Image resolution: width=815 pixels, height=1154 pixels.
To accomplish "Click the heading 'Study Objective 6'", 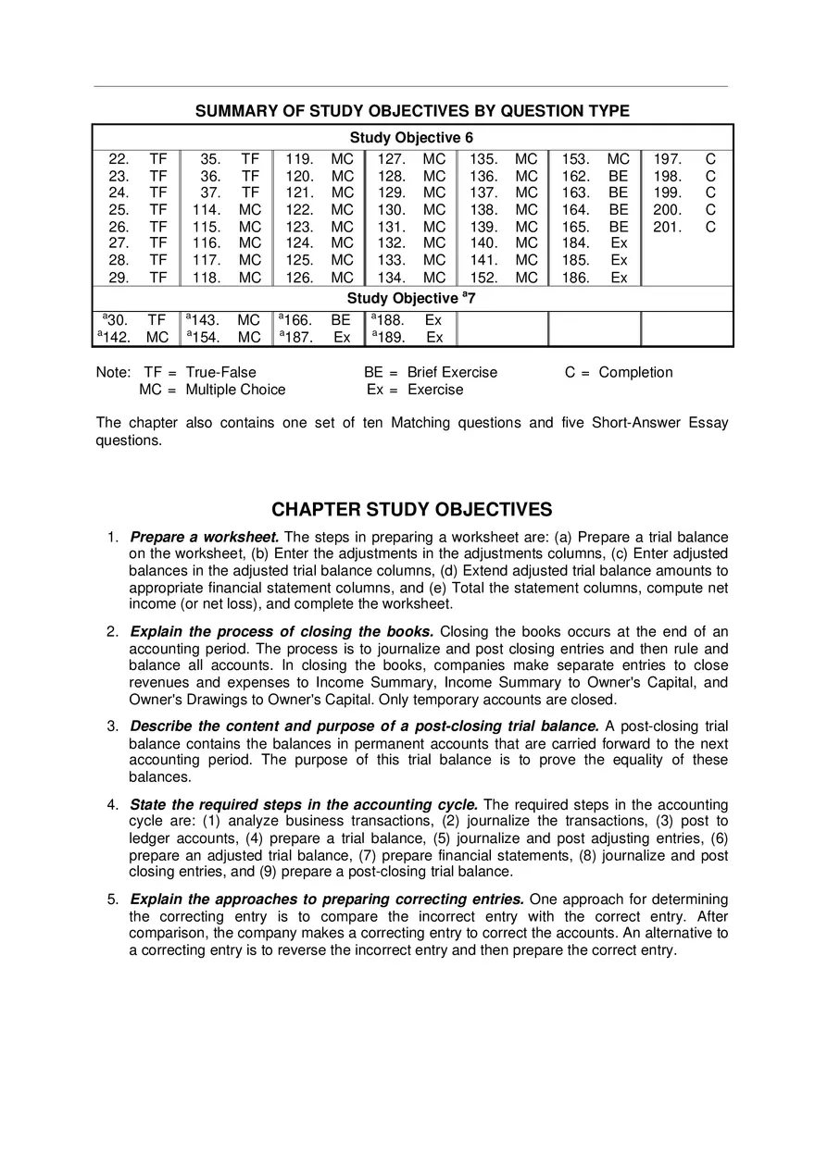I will (x=411, y=137).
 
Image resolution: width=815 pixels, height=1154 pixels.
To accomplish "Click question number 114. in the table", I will (x=206, y=210).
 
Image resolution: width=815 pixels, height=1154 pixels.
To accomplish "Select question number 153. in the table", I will (x=575, y=159).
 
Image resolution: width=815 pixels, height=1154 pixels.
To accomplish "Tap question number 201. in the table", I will (x=667, y=227).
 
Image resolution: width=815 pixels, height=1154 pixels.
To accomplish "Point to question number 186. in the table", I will (x=575, y=278).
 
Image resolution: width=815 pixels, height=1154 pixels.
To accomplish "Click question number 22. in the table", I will (x=119, y=159).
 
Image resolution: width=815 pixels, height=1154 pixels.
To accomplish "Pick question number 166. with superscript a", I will (x=297, y=321).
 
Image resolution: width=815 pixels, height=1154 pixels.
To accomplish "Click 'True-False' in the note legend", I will (x=220, y=372).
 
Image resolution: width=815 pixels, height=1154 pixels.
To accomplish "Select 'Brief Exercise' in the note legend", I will (x=452, y=372).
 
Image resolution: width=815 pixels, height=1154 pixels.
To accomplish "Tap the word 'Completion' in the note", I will (x=635, y=372).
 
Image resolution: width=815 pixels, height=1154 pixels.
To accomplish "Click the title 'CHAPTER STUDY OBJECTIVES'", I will (x=411, y=510).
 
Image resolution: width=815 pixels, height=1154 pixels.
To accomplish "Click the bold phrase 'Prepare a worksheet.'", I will (x=205, y=538).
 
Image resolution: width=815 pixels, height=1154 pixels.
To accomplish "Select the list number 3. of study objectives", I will (x=113, y=726).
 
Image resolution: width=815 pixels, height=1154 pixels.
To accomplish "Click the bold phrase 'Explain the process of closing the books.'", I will (x=282, y=632).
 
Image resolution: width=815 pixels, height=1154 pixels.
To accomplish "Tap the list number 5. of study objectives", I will (x=113, y=900).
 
